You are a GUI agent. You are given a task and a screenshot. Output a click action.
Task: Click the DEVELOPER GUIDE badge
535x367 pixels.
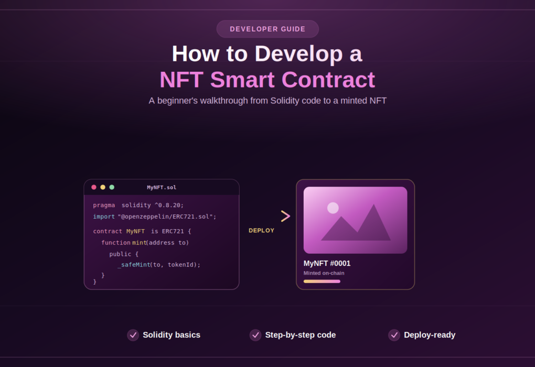[267, 29]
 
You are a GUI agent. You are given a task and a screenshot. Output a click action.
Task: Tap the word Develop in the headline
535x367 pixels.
[298, 54]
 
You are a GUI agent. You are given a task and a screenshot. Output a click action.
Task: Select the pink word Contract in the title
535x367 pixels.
[328, 80]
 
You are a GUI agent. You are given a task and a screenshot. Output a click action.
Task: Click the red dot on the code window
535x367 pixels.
[94, 187]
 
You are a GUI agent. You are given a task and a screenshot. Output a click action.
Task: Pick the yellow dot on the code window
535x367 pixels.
[103, 187]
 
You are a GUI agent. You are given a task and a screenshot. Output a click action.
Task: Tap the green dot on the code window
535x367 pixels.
[112, 187]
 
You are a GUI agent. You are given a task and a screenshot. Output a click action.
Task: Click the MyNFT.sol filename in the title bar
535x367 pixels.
[162, 188]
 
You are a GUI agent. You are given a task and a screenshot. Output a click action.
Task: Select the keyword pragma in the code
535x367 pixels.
[104, 206]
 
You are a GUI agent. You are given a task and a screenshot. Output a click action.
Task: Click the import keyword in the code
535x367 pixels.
[104, 217]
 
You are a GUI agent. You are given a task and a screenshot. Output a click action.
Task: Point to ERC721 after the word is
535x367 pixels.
[173, 231]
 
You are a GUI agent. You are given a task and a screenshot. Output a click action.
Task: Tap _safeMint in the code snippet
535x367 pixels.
[134, 265]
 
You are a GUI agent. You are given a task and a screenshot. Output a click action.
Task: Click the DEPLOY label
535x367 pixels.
[261, 231]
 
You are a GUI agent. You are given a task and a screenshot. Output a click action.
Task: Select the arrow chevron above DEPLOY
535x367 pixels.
[285, 216]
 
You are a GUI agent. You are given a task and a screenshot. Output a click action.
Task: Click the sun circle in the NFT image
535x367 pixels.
[333, 208]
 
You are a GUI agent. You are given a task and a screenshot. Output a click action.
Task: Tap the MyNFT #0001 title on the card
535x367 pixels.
[327, 263]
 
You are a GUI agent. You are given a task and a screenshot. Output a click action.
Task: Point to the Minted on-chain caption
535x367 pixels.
[324, 273]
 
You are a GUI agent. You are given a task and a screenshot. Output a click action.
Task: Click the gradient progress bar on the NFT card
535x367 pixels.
[322, 282]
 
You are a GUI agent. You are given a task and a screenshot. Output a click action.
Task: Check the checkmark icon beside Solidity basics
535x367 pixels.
[133, 335]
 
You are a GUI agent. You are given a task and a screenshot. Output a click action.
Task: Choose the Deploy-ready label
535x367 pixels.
[430, 335]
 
